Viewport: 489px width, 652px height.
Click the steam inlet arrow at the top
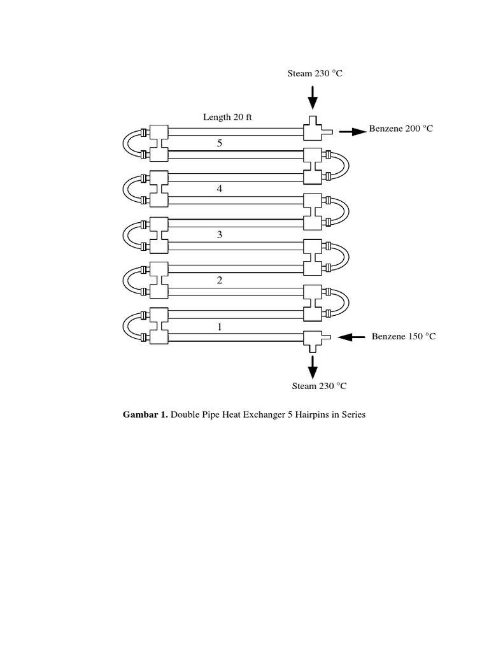[312, 97]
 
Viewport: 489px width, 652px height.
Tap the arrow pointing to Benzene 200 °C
[352, 132]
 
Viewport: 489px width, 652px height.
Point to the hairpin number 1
[220, 327]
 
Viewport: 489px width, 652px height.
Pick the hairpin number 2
[220, 281]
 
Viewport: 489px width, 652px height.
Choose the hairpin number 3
[220, 235]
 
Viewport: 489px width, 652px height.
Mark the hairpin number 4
[220, 189]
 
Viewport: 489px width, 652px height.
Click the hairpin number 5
[220, 143]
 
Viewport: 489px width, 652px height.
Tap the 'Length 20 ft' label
[227, 117]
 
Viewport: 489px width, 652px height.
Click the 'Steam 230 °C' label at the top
[315, 73]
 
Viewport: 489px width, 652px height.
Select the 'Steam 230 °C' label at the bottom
[319, 386]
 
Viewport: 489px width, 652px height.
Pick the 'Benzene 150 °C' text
[404, 336]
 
